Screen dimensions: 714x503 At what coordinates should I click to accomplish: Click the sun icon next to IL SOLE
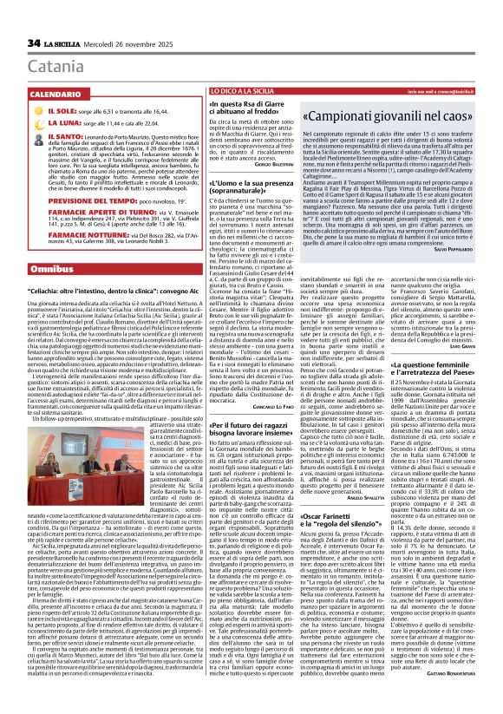pos(16,88)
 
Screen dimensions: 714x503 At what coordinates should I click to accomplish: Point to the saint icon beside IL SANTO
pos(16,114)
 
